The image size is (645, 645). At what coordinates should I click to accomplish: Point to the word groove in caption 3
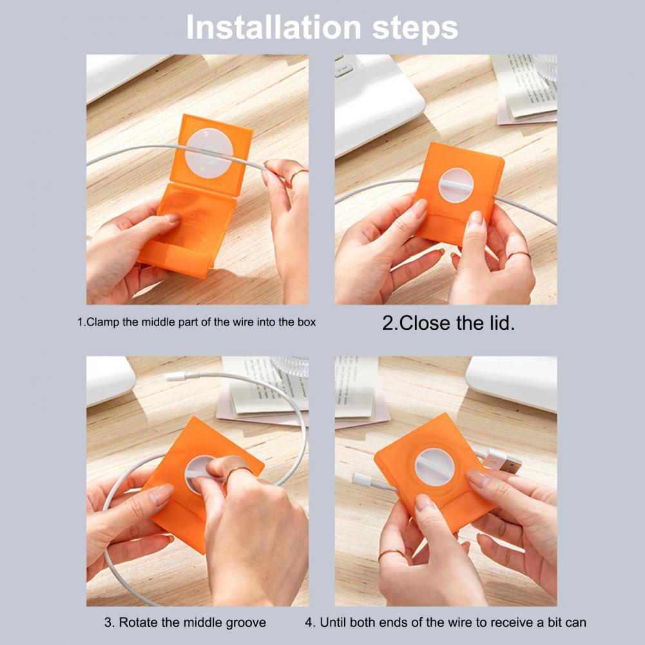245,623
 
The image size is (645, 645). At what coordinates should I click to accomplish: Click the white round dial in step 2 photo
456,185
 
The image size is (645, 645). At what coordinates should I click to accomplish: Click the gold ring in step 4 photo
390,554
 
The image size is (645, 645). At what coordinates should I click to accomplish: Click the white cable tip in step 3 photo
176,375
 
